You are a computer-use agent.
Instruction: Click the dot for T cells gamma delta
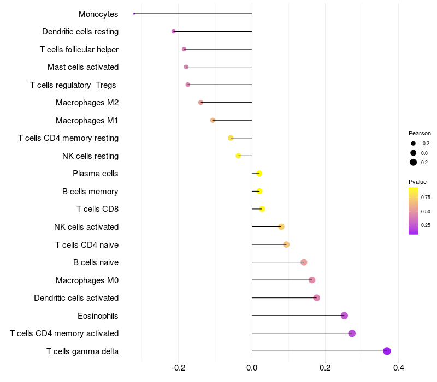point(387,351)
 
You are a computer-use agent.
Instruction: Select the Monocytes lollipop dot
point(134,14)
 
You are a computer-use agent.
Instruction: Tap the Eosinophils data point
point(344,315)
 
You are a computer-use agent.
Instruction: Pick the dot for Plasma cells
point(259,174)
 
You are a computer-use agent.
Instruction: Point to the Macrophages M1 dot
point(213,120)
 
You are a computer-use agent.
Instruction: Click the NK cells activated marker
point(281,227)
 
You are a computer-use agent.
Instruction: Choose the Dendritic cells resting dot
point(174,32)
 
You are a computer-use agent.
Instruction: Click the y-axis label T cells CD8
point(97,209)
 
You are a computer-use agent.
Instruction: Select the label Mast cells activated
point(83,67)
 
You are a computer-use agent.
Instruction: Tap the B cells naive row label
point(96,262)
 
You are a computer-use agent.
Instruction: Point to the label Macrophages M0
point(87,280)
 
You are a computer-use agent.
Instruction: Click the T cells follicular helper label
point(79,50)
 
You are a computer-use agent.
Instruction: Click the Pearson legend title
point(420,133)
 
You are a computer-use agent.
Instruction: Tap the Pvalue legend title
point(417,182)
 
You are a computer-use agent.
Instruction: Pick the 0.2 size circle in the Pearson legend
point(414,162)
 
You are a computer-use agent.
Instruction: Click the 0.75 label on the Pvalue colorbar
point(426,197)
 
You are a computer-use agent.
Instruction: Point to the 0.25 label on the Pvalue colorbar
point(426,225)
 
